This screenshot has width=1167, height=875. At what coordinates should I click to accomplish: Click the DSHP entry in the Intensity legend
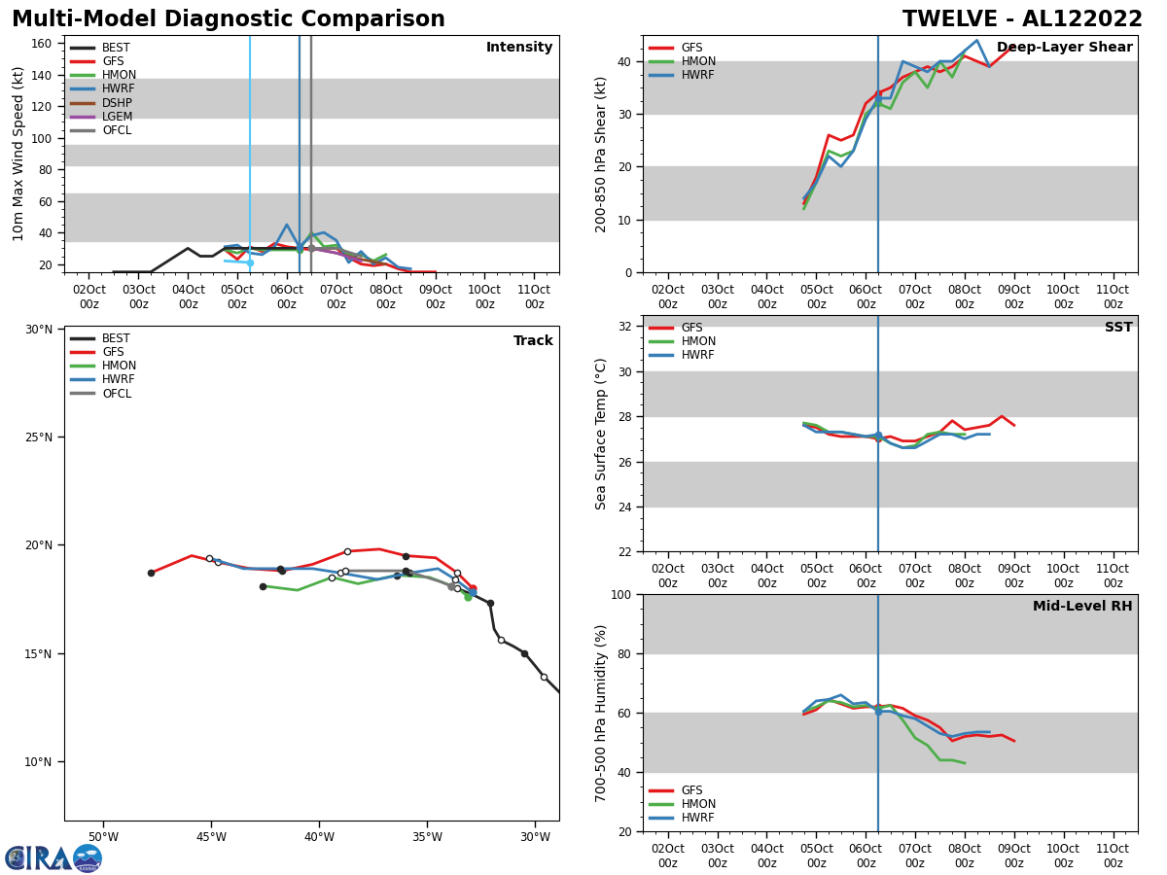116,103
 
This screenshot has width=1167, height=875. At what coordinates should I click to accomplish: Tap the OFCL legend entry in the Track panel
116,394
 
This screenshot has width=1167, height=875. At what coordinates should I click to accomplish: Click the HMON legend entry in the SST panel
697,341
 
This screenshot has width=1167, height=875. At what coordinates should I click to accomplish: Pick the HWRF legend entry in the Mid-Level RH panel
696,818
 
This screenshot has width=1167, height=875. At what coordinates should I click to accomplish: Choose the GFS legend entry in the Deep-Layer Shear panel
691,48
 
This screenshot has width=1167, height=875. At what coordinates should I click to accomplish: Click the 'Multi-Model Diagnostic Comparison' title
229,19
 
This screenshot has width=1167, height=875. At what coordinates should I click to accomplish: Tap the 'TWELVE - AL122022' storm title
1022,19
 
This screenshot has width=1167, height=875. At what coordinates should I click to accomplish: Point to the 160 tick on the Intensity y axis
41,44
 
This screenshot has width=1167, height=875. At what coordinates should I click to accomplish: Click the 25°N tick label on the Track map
39,437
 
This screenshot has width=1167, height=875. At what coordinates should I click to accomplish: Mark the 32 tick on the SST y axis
625,327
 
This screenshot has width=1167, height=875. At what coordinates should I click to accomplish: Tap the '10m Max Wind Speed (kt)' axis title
18,154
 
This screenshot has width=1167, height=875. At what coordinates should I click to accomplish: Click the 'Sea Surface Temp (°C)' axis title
601,434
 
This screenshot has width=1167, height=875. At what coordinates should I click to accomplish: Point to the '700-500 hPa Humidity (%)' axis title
601,713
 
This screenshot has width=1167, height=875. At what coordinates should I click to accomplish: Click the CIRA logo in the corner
53,857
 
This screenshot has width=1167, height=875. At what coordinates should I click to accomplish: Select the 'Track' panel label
533,341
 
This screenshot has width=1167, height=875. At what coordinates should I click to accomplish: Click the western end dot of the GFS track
151,573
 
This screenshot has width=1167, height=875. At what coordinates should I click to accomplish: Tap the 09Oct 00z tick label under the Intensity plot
435,296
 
